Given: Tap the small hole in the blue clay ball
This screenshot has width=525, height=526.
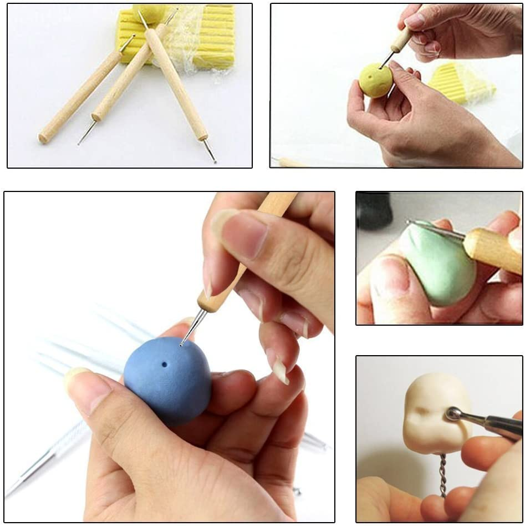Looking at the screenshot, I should coord(164,365).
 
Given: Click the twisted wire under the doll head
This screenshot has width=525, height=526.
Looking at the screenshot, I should coord(442,474).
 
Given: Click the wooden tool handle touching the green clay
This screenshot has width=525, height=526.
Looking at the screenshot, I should coord(491,249).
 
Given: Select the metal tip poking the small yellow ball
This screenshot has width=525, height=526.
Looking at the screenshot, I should coord(387,59).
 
